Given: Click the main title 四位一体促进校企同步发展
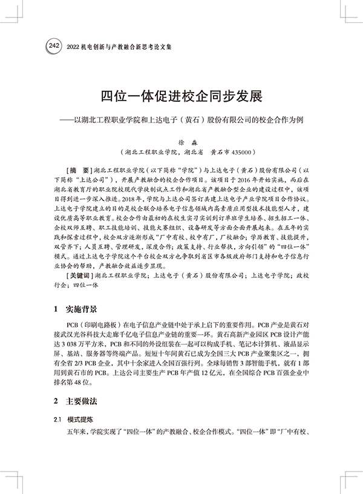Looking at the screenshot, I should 181,97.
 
